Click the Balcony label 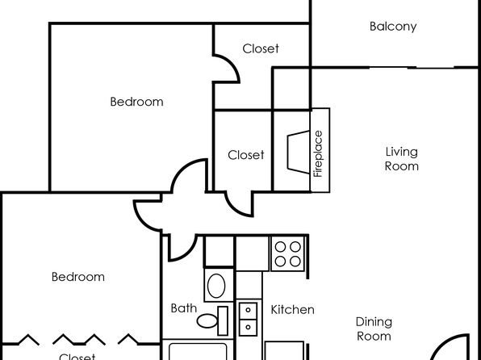click(393, 27)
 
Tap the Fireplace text click(318, 153)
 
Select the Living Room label click(402, 159)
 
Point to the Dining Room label click(374, 329)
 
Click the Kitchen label click(292, 310)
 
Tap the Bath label click(183, 308)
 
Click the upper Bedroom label click(136, 102)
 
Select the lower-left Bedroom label click(78, 277)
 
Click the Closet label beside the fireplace click(245, 155)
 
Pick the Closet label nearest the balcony click(261, 48)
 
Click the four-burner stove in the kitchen click(288, 253)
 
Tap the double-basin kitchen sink click(248, 319)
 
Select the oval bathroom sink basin click(216, 286)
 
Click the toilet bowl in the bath click(207, 321)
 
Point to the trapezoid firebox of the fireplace click(299, 153)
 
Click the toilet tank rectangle click(223, 320)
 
